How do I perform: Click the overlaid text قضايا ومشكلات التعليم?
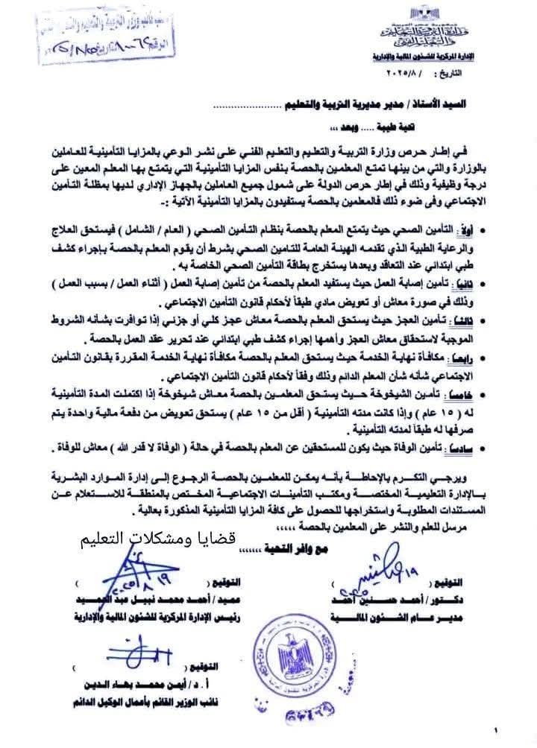(x=161, y=538)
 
